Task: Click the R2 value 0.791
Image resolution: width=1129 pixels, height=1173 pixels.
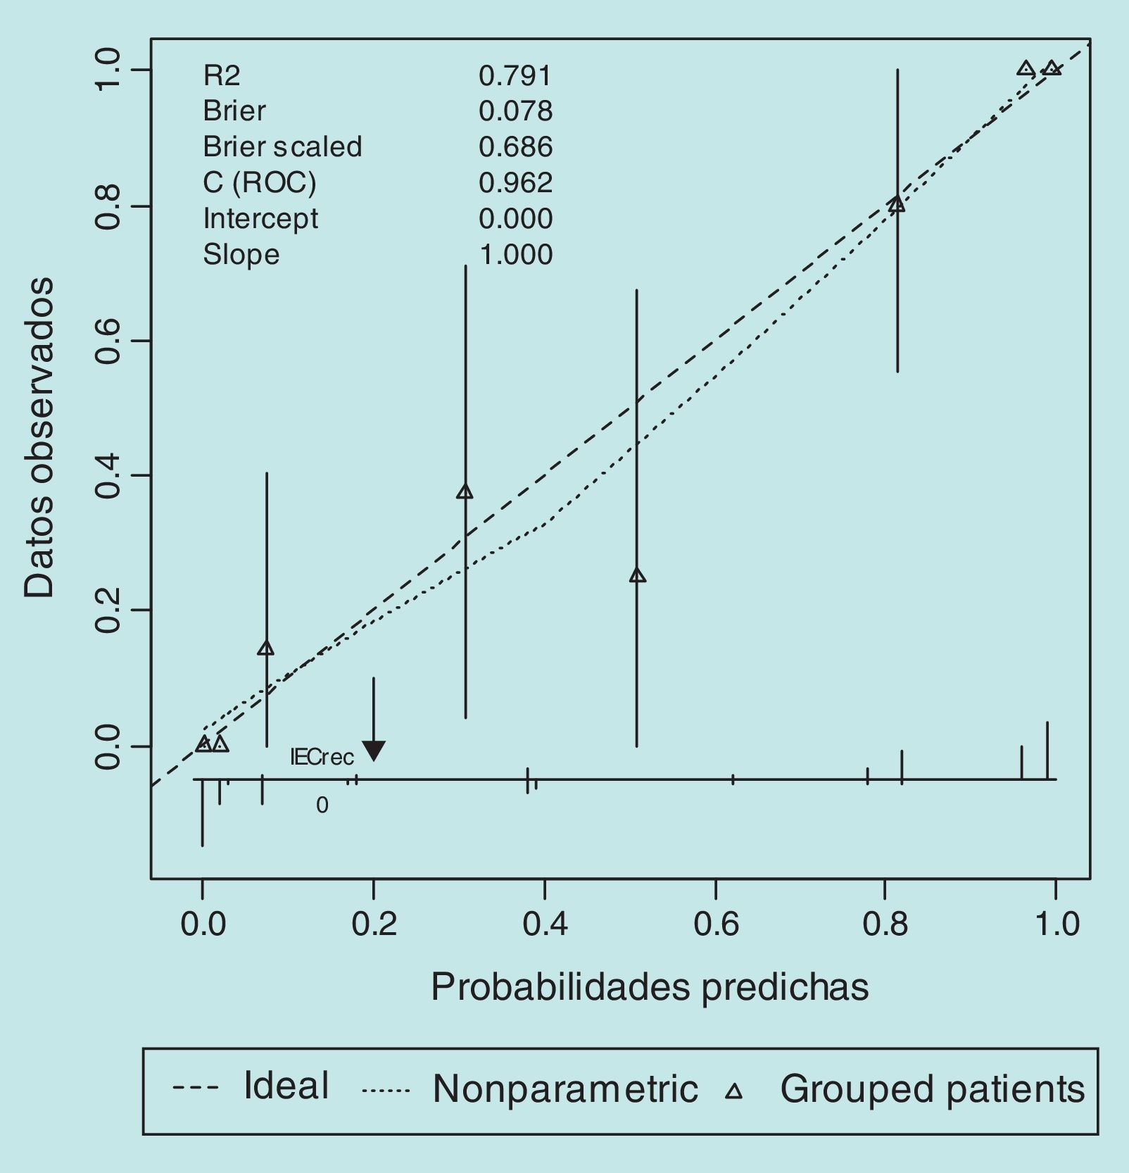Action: click(x=515, y=75)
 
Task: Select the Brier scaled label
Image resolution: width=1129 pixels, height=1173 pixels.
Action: click(x=282, y=146)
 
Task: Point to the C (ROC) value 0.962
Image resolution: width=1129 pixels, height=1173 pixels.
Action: click(x=515, y=182)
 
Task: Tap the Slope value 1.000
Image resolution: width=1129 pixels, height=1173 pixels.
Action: click(x=515, y=254)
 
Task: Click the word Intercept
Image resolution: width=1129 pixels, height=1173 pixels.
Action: click(x=260, y=218)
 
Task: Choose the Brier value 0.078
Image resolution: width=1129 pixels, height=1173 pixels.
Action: click(x=515, y=111)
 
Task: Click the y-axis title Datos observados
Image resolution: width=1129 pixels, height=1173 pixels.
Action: click(x=39, y=437)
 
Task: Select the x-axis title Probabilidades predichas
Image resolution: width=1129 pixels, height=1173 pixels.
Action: click(x=649, y=986)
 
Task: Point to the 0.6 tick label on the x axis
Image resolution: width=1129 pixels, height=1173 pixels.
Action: click(x=716, y=923)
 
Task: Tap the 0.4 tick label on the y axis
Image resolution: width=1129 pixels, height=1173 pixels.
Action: click(x=108, y=476)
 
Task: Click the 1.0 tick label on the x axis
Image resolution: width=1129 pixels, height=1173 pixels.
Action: click(x=1057, y=923)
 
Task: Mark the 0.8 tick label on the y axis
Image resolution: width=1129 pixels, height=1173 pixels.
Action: click(x=108, y=206)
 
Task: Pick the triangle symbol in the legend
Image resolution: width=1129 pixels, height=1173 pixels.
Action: click(x=734, y=1091)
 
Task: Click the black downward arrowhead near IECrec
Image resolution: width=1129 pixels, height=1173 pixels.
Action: click(x=374, y=751)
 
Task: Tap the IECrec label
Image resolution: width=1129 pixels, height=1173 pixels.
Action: click(x=322, y=758)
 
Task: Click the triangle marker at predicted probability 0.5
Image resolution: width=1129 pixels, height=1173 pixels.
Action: click(x=637, y=575)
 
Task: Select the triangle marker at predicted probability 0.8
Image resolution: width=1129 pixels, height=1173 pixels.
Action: click(x=896, y=205)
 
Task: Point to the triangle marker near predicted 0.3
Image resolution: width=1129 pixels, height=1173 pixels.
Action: click(x=465, y=491)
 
